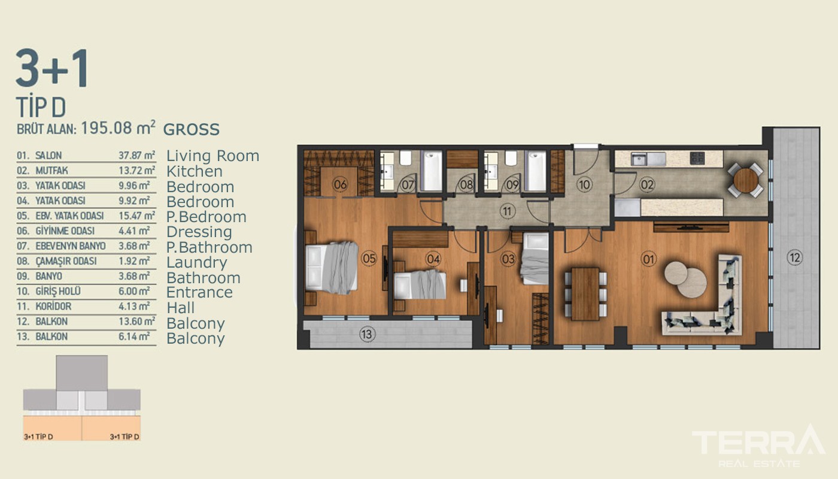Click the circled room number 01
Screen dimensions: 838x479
tap(648, 259)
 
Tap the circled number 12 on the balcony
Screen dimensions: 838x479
tap(795, 257)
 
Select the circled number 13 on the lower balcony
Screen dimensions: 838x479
tap(367, 334)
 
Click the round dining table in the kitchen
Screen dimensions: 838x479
tap(746, 180)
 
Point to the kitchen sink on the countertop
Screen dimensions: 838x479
tap(648, 159)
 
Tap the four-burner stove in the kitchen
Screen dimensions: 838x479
tap(697, 158)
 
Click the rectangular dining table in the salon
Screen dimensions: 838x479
tap(585, 294)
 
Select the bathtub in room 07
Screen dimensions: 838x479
tap(432, 171)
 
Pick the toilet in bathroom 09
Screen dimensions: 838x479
tap(511, 158)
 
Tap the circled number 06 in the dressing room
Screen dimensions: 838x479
tap(340, 184)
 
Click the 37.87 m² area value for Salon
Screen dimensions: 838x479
tap(137, 154)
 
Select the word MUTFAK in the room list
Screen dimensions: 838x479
tap(51, 171)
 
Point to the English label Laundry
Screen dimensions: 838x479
tap(197, 262)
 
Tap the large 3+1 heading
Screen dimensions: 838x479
tap(51, 68)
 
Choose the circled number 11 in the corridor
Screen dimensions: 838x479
tap(507, 211)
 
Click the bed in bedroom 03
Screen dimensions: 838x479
tap(535, 258)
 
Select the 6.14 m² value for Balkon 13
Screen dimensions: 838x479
tap(134, 336)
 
